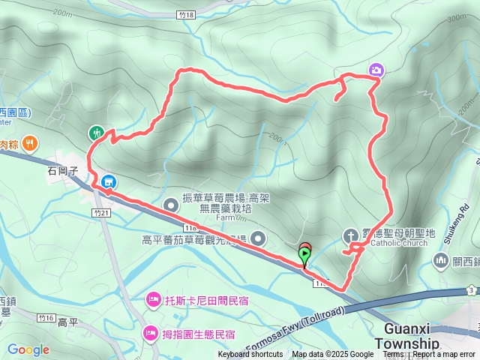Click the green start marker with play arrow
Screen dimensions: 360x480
[304, 256]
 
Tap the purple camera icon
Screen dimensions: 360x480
[376, 70]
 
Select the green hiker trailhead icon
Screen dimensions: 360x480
[96, 133]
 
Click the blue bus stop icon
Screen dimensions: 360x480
[109, 181]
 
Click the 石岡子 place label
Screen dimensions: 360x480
[64, 171]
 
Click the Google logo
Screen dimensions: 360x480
[28, 349]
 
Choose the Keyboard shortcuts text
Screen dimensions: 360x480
[250, 355]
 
